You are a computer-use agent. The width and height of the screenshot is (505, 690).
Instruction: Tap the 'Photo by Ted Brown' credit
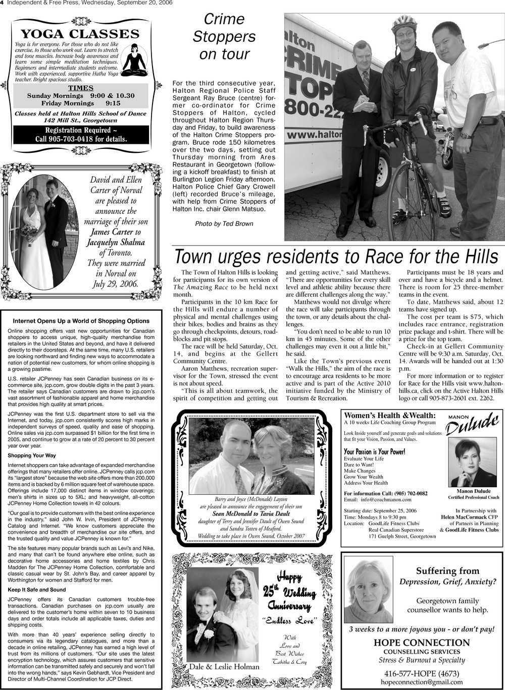(224, 223)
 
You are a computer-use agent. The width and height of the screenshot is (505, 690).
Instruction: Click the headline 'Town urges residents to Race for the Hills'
(336, 257)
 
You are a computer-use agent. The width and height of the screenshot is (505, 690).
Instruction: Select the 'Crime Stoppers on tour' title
(224, 37)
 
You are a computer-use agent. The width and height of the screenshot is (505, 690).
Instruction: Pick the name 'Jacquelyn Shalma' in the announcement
(116, 243)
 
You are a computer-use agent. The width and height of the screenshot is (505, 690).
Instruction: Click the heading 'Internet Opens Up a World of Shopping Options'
(81, 321)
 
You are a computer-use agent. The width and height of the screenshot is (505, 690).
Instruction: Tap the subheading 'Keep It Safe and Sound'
(37, 590)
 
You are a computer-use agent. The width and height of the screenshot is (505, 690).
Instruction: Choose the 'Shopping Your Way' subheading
(32, 455)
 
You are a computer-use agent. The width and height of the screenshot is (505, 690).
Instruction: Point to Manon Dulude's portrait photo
(473, 463)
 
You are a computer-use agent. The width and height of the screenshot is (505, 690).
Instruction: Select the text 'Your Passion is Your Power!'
(374, 451)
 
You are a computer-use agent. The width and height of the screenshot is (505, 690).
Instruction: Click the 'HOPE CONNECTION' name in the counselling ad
(422, 643)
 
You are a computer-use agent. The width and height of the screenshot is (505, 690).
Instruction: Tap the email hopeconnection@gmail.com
(422, 682)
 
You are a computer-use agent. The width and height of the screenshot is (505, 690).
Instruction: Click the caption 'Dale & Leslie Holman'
(224, 667)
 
